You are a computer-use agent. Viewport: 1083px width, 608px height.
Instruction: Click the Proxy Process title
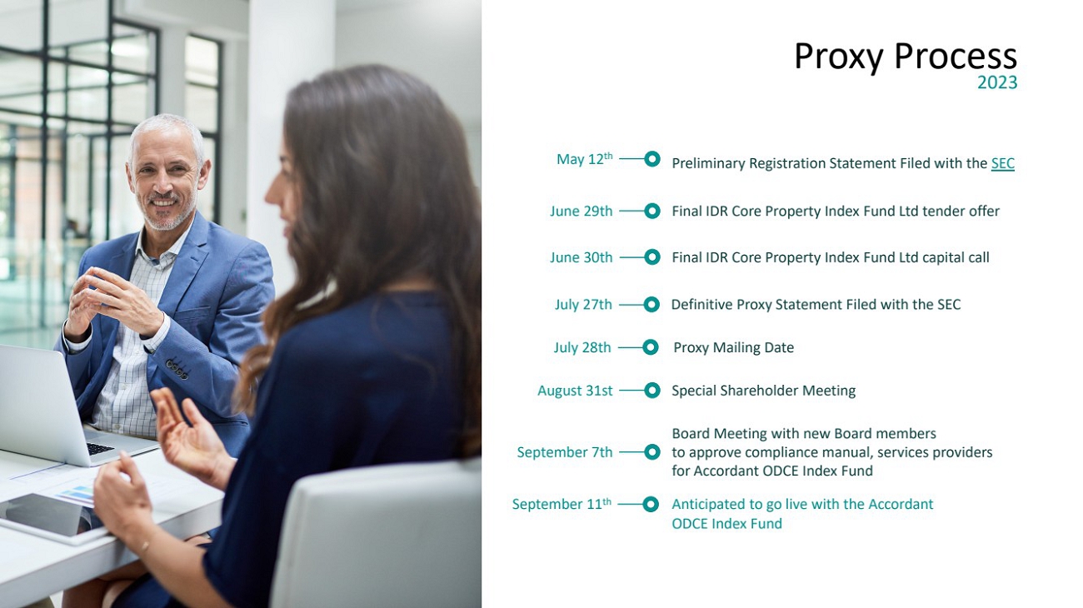[905, 57]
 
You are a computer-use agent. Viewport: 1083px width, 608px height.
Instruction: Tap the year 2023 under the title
[997, 82]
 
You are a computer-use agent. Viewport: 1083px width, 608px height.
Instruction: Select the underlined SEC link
[1003, 163]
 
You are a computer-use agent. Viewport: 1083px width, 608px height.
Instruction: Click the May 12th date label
[585, 158]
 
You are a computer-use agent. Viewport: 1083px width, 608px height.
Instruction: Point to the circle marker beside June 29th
[652, 212]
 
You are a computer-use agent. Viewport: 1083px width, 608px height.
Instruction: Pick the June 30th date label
[581, 257]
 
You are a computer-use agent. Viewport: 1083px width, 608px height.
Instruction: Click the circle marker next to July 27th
[651, 305]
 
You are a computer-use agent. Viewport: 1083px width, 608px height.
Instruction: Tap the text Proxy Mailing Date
[733, 347]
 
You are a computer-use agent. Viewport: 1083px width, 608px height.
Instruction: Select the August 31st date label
[575, 391]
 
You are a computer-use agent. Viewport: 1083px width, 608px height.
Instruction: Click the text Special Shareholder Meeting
[763, 391]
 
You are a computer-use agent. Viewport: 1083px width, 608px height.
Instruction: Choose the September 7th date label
[565, 452]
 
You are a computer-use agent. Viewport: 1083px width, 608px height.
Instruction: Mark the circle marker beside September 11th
[651, 505]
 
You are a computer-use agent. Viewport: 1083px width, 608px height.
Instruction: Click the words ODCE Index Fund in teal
[726, 524]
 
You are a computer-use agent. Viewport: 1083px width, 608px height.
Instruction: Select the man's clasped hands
[111, 302]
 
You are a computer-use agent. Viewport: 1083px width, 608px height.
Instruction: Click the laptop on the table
[58, 411]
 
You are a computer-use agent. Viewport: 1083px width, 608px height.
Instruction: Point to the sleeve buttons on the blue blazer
[177, 368]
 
